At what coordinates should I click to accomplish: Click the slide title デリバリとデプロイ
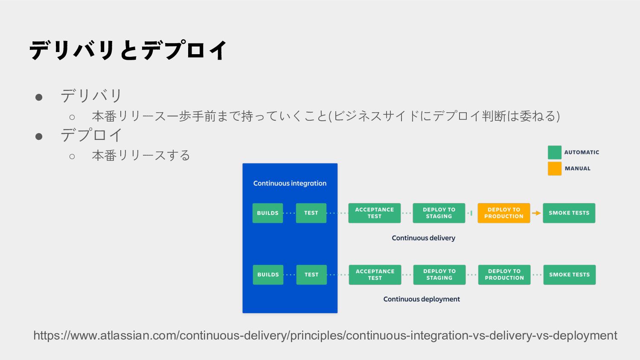click(x=128, y=50)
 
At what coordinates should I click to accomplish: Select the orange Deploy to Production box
click(x=503, y=213)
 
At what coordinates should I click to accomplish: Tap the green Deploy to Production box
click(x=504, y=274)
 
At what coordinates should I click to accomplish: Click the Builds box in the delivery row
click(x=268, y=213)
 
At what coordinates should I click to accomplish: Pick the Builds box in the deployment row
click(x=268, y=274)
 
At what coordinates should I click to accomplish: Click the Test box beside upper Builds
click(x=311, y=213)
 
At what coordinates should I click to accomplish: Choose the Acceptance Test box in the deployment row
click(x=375, y=274)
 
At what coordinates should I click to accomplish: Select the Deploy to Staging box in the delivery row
click(x=439, y=213)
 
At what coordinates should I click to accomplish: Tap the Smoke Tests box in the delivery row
click(x=569, y=213)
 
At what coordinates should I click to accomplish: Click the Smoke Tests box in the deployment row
click(x=569, y=274)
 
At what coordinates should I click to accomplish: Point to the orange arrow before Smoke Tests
click(x=536, y=213)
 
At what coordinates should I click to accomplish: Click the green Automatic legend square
click(x=554, y=152)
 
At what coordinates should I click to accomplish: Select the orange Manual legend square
click(x=554, y=168)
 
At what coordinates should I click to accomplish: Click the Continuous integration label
click(x=290, y=183)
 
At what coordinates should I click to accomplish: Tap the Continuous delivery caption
click(x=423, y=238)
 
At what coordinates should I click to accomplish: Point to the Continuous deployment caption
click(x=422, y=299)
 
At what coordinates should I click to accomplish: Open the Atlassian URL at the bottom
click(x=325, y=336)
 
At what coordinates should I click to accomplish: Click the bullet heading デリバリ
click(x=91, y=96)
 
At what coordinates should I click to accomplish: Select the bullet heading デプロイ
click(x=91, y=135)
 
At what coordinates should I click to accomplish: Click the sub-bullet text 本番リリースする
click(x=141, y=155)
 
